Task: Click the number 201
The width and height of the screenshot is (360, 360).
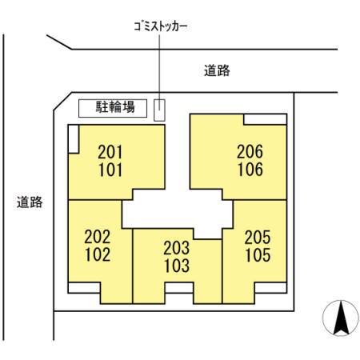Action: click(x=110, y=152)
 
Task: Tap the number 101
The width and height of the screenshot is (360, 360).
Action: click(x=110, y=170)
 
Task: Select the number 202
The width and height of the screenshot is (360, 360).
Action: click(x=98, y=237)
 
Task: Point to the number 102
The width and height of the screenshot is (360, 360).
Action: click(x=98, y=254)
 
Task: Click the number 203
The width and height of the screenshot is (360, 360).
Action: click(x=177, y=248)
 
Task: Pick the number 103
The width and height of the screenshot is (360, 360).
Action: click(x=177, y=266)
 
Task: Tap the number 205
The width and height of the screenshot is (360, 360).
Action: click(x=258, y=238)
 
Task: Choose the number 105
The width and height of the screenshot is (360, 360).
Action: click(x=258, y=255)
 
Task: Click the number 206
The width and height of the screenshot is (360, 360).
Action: click(x=250, y=151)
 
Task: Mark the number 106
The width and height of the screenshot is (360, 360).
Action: click(x=250, y=170)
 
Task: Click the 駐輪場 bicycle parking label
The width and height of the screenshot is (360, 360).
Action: click(x=115, y=107)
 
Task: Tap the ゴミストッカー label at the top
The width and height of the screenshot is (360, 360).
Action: click(x=161, y=26)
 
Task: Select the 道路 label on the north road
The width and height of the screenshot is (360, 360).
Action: click(x=217, y=71)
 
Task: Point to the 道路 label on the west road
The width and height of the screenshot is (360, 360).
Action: click(x=30, y=202)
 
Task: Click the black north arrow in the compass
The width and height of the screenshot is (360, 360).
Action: click(x=341, y=318)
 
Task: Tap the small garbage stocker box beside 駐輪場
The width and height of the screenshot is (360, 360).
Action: click(x=159, y=110)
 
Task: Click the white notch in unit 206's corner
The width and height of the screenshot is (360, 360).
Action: click(x=265, y=119)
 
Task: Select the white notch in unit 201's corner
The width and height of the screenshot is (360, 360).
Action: click(x=74, y=139)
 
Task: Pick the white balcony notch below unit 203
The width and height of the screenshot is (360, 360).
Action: click(x=179, y=288)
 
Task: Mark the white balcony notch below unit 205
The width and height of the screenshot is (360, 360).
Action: click(x=270, y=288)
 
